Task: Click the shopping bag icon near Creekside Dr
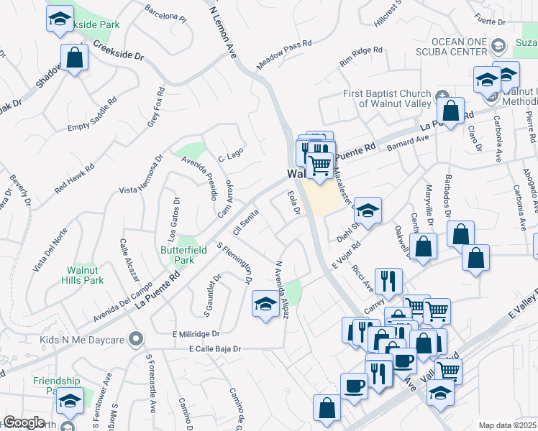click(74, 57)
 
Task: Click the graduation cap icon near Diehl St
click(367, 210)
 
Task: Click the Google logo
click(23, 422)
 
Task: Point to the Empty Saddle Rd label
click(91, 114)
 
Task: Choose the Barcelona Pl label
click(165, 14)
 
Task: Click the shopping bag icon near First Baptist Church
click(450, 111)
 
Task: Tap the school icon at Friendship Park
click(70, 400)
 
